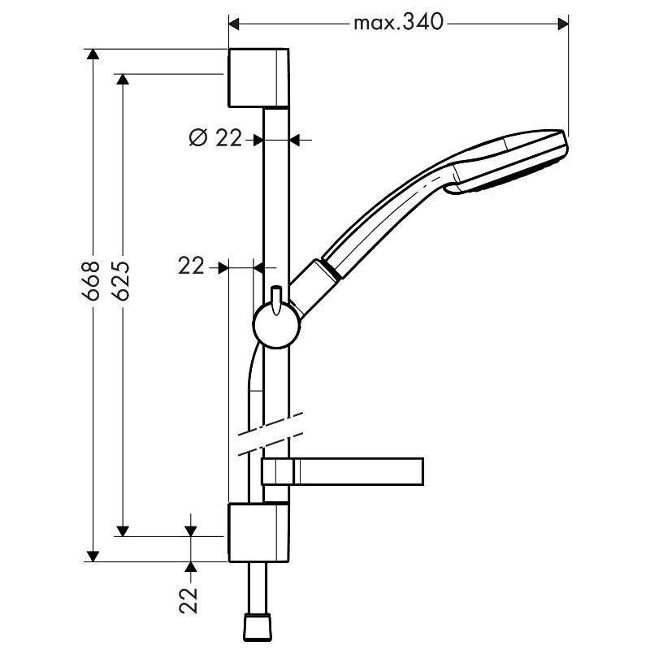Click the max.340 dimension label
coord(398,22)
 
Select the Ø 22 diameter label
coord(215,139)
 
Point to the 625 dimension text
coord(121,281)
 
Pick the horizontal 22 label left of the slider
coord(191,265)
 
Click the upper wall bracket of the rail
coord(258,77)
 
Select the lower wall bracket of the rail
coord(258,532)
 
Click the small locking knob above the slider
coord(276,296)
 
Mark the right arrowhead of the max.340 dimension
coord(561,22)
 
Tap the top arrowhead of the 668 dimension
coord(93,55)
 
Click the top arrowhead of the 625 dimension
coord(122,80)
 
